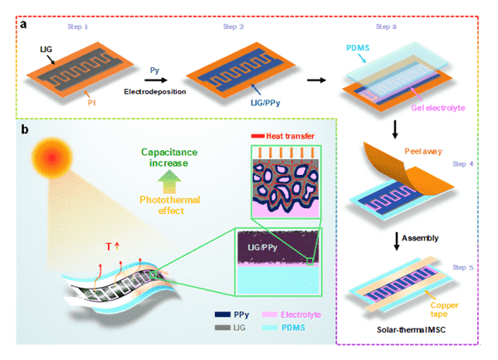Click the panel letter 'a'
point(23,24)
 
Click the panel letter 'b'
point(24,129)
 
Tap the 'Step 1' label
point(78,27)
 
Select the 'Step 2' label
point(233,27)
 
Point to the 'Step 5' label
point(463,268)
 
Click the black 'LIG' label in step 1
point(46,50)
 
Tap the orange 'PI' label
point(91,103)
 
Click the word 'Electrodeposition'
point(155,92)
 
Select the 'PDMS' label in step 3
point(358,48)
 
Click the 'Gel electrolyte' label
point(438,108)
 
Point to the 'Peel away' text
point(423,152)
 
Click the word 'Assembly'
point(420,238)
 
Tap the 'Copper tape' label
point(444,309)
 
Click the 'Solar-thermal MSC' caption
point(412,330)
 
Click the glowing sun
point(52,158)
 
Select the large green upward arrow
point(169,182)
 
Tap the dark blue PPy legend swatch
point(222,314)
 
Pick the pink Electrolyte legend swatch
point(270,314)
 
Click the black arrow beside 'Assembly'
point(396,241)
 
